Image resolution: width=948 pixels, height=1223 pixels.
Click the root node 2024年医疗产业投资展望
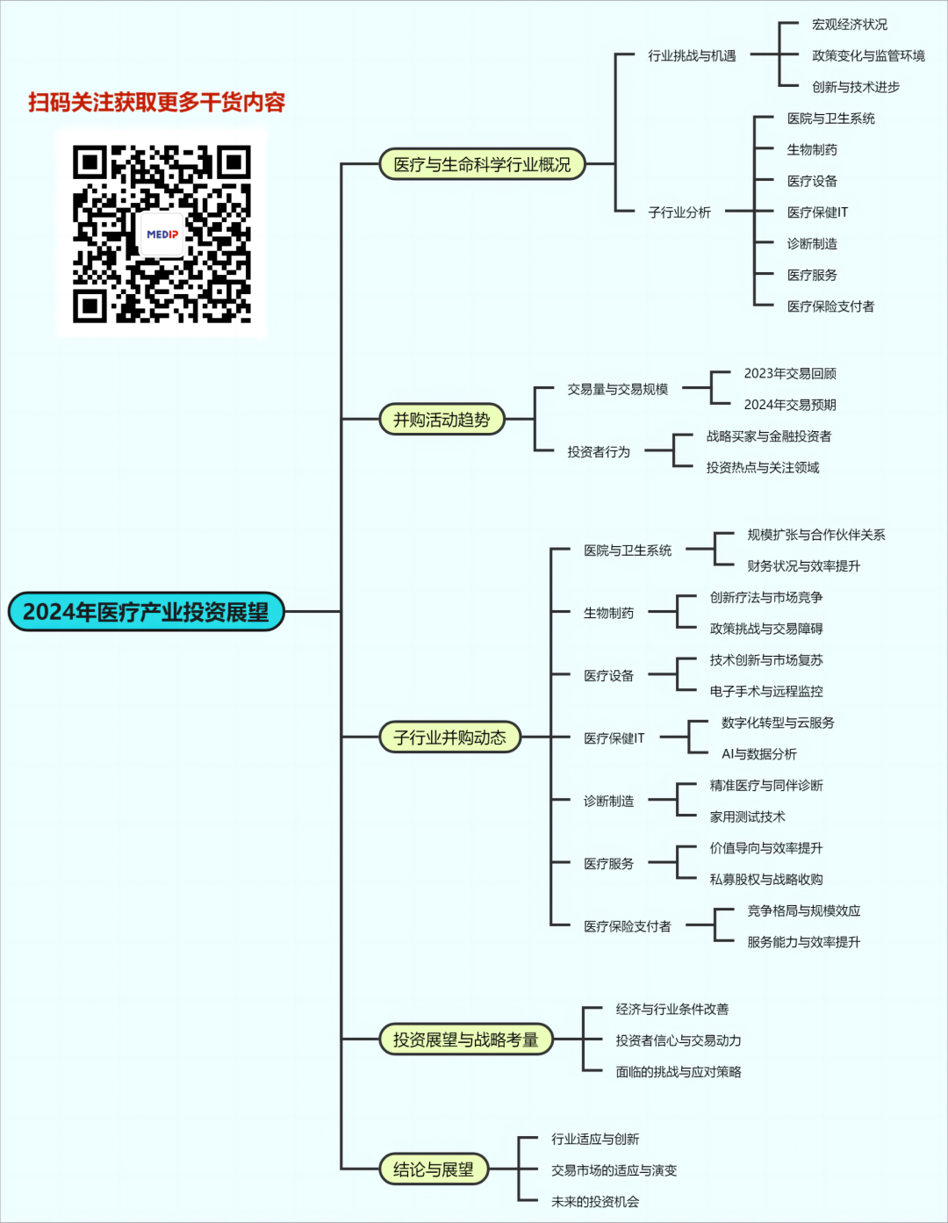tap(147, 612)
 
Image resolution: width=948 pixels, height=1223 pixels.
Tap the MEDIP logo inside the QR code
tap(162, 234)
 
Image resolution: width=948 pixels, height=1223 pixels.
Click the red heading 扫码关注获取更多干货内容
tap(157, 103)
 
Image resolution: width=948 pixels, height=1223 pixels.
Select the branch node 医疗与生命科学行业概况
tap(482, 164)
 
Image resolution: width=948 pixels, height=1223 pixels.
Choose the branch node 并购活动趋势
tap(442, 420)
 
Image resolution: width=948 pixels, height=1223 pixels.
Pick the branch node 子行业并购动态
tap(449, 737)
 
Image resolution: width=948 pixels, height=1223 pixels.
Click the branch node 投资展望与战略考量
tap(465, 1040)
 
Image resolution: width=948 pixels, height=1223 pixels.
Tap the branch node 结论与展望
tap(434, 1169)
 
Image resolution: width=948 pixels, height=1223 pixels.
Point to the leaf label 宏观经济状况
tap(850, 25)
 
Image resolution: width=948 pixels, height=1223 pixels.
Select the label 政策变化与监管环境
tap(868, 56)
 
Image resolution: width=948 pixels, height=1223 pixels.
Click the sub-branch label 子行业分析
tap(679, 212)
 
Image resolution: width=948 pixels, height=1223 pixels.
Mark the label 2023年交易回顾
tap(790, 373)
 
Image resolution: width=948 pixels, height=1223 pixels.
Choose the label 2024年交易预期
tap(790, 405)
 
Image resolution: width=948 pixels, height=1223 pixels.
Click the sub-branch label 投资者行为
tap(599, 452)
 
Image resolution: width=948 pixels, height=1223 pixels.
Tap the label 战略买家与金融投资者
tap(769, 436)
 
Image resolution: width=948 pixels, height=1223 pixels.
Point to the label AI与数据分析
tap(759, 754)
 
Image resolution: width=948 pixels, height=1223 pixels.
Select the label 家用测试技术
tap(748, 817)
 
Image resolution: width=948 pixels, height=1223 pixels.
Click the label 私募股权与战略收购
tap(766, 880)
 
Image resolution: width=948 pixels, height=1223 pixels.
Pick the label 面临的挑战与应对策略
tap(679, 1072)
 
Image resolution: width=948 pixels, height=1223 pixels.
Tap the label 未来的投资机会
tap(595, 1202)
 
